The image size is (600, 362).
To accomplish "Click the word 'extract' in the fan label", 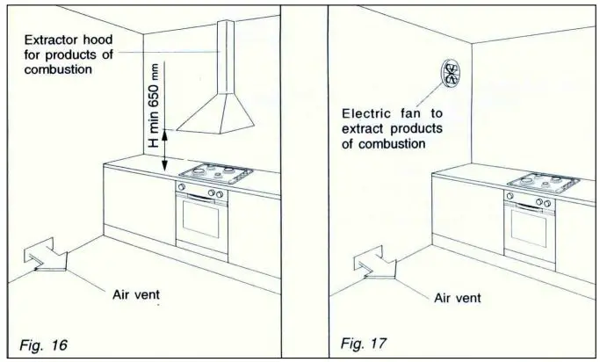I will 360,129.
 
